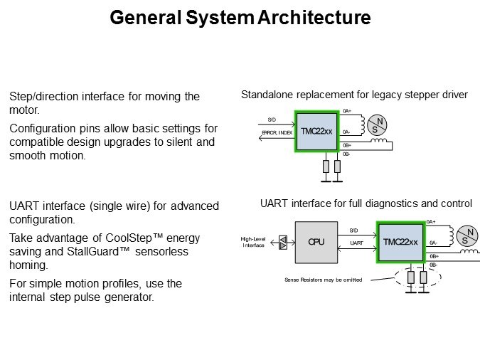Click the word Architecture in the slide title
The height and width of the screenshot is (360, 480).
point(311,18)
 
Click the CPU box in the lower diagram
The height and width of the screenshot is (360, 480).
point(316,242)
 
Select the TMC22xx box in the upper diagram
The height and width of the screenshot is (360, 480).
point(316,132)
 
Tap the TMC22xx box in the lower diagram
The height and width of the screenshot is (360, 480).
point(400,242)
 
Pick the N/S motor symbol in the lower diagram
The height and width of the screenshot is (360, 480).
point(466,236)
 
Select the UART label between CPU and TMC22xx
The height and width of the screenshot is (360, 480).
point(357,243)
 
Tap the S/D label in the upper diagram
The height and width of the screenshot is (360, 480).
point(272,120)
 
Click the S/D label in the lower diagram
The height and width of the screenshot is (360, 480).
point(353,230)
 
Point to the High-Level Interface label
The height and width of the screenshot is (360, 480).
point(254,242)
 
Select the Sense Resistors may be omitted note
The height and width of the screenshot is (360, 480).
point(324,280)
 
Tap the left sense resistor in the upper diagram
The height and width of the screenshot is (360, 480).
point(326,166)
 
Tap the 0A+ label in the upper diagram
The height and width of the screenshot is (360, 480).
point(346,111)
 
